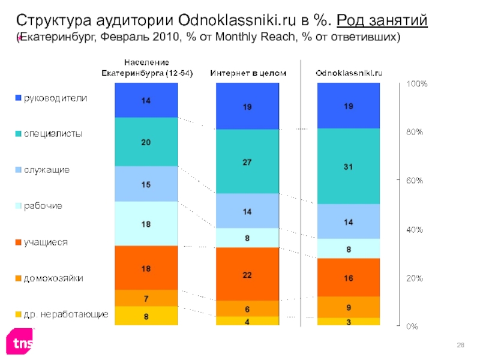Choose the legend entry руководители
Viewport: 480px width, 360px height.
(55, 98)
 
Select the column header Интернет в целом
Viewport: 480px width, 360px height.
(248, 73)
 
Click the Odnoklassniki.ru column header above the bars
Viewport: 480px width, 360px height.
(349, 73)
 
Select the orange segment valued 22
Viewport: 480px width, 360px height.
(247, 274)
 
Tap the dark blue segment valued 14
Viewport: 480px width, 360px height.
(146, 100)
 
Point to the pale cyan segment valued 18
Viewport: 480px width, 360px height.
(146, 223)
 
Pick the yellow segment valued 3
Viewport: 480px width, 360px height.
(348, 322)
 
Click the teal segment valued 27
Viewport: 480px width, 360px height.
(247, 161)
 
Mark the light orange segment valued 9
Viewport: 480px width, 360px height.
(348, 307)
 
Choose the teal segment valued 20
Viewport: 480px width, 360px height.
(146, 142)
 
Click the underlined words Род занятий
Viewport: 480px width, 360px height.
(382, 21)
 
